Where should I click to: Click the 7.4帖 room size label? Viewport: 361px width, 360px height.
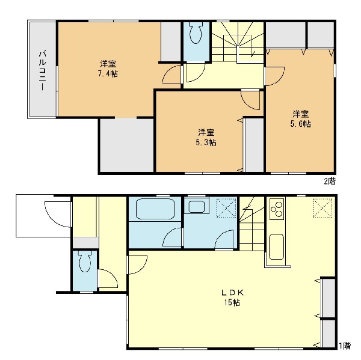click(x=108, y=74)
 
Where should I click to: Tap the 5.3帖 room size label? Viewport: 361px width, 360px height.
click(x=206, y=142)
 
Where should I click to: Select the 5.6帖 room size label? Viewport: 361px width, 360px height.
click(x=301, y=124)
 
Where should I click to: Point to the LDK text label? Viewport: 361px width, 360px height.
click(x=232, y=293)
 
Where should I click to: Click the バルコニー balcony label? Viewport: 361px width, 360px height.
click(x=42, y=71)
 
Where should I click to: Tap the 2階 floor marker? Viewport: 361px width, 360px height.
click(x=330, y=182)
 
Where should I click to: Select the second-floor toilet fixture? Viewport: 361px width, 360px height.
click(x=196, y=33)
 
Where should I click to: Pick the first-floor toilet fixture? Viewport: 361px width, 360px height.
click(x=85, y=262)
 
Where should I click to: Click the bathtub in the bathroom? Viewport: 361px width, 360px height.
click(x=155, y=209)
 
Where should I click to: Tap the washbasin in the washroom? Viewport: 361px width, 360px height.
click(x=196, y=207)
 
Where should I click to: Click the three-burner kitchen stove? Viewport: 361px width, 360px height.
click(x=277, y=209)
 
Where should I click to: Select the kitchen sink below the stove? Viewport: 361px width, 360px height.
click(x=276, y=247)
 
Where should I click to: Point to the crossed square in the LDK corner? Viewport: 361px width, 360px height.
click(x=322, y=208)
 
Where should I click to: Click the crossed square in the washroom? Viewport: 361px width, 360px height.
click(x=227, y=208)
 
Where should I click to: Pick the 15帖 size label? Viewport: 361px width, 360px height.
click(x=232, y=302)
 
